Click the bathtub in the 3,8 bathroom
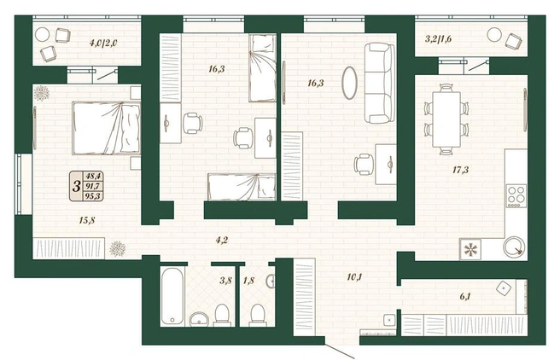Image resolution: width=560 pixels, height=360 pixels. coord(172,296)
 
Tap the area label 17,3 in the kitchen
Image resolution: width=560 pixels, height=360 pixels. coord(460,170)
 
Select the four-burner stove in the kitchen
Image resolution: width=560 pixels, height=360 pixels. coord(516,196)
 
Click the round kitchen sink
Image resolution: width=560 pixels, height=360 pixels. coord(515,247)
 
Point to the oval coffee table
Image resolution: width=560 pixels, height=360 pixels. coord(349,83)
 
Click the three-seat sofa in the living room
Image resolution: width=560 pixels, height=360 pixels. coord(380,83)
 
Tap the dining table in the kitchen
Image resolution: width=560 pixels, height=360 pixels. coord(446,119)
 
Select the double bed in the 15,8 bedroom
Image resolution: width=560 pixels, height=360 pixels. coord(106,128)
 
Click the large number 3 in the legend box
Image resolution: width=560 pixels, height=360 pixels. coord(76,186)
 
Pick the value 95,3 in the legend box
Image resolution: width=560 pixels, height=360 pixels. coord(92,196)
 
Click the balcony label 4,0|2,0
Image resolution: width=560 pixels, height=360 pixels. coord(103,44)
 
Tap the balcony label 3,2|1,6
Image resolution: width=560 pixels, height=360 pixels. coord(438,39)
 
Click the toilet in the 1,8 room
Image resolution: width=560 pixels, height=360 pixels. coord(257,315)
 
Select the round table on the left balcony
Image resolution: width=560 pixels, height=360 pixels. coord(42,35)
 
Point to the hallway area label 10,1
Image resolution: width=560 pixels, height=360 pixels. coord(354,277)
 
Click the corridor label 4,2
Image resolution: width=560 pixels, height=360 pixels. coord(221,240)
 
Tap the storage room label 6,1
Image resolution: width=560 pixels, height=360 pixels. coord(464,296)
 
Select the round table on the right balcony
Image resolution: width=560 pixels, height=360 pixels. coord(494,35)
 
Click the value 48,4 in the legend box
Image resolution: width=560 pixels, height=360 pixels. coord(92,176)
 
